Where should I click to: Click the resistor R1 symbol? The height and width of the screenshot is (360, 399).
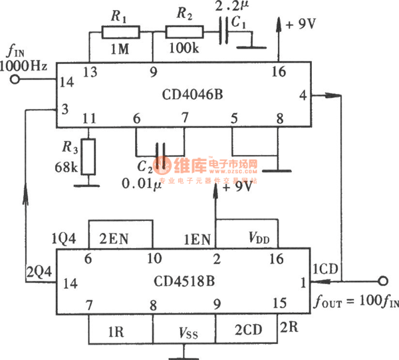(120, 32)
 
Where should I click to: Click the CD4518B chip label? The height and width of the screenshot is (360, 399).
(184, 283)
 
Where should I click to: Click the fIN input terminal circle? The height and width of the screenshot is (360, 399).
(15, 81)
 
